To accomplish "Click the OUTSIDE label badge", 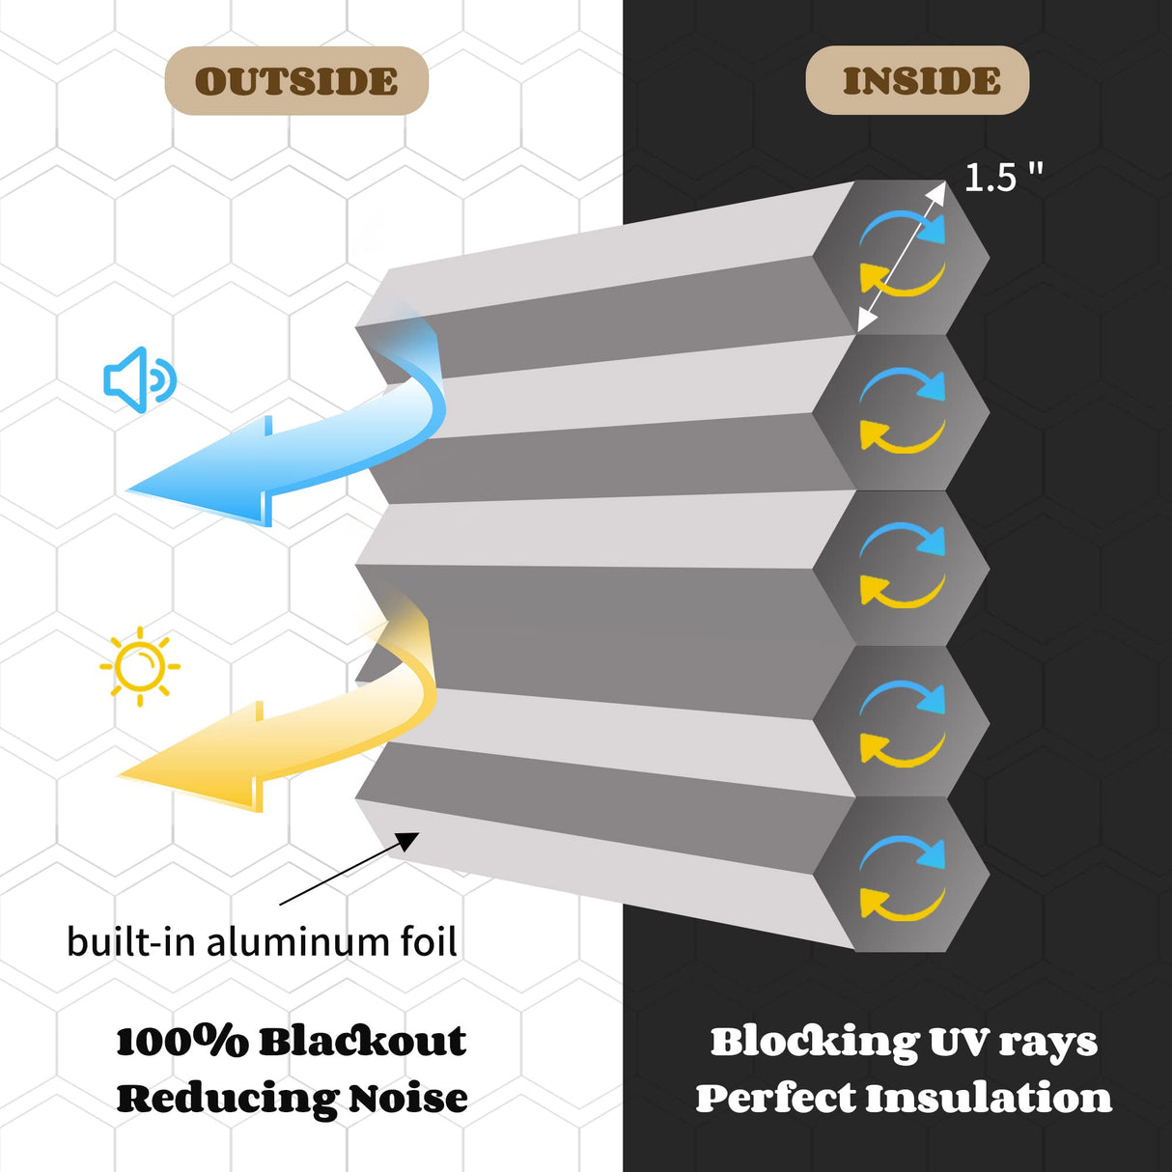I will tap(296, 81).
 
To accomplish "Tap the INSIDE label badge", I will tap(917, 80).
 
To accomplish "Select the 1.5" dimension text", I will tap(1003, 178).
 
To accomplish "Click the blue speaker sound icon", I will tap(139, 379).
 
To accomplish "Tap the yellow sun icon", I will tap(140, 665).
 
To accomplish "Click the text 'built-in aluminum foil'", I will tap(262, 941).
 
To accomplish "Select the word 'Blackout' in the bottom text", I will tap(362, 1042).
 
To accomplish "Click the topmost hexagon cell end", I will tap(901, 257).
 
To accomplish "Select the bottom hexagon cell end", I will tap(902, 875).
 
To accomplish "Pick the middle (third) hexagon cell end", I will tap(902, 567).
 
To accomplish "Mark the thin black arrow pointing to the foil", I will tap(348, 869).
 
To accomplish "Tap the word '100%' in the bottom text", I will tap(181, 1042).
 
